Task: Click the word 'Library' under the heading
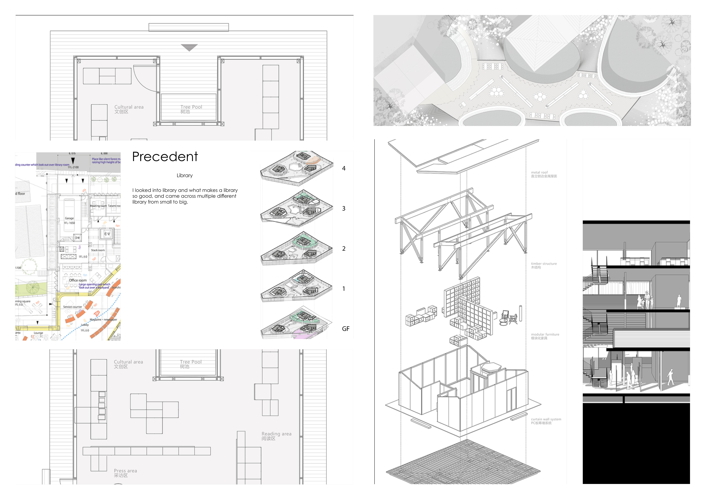[x=184, y=176]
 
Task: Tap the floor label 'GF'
[x=346, y=329]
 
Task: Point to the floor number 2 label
[x=344, y=248]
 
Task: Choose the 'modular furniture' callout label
[x=545, y=336]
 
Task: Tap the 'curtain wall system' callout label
[x=546, y=421]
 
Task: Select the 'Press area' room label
[x=125, y=473]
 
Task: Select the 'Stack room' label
[x=98, y=250]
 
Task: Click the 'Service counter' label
[x=73, y=307]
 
